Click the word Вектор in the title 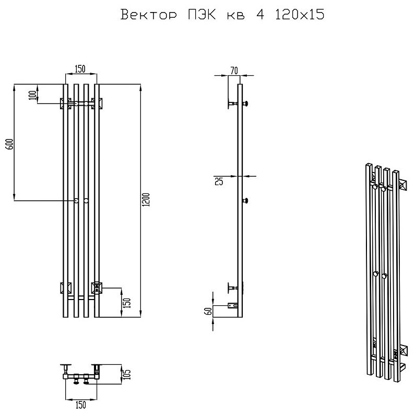tap(148, 15)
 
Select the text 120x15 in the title tap(300, 14)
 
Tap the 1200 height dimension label tap(147, 200)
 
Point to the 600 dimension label tap(9, 144)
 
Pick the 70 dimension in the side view tap(234, 71)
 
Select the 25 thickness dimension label tap(219, 181)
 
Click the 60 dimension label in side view tap(209, 311)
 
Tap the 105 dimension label tap(127, 374)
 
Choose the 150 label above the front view tap(80, 69)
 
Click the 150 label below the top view tap(81, 405)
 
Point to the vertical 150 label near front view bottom tap(127, 303)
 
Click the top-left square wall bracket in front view tap(66, 103)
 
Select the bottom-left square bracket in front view tap(66, 288)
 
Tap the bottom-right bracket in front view tap(97, 288)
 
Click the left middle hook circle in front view tap(76, 201)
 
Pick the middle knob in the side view tap(245, 201)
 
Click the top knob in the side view tap(245, 103)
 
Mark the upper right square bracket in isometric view tap(402, 184)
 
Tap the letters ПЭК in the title tap(201, 15)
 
